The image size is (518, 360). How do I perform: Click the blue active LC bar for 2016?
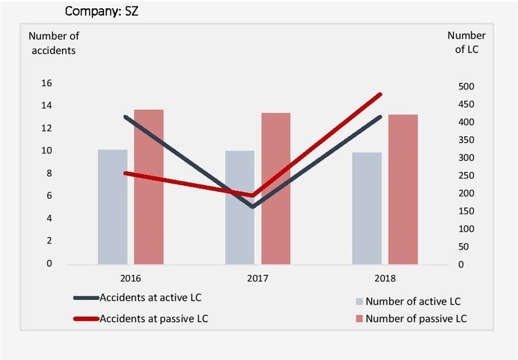point(113,207)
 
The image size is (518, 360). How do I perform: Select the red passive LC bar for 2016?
point(148,187)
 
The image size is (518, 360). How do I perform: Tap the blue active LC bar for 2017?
point(240,207)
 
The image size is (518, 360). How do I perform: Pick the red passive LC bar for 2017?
point(276,188)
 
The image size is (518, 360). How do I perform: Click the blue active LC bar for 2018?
point(367,208)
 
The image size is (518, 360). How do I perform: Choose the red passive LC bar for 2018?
point(403,189)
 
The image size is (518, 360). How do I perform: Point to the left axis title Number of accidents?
point(52,43)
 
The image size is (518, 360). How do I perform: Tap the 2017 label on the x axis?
point(258,278)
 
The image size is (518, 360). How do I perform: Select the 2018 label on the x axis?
point(385,278)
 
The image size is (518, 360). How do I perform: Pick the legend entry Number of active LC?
point(412,301)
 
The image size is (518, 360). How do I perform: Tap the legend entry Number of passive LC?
point(415,319)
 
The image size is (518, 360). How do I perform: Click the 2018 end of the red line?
point(381,94)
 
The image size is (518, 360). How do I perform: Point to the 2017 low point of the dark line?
point(252,207)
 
